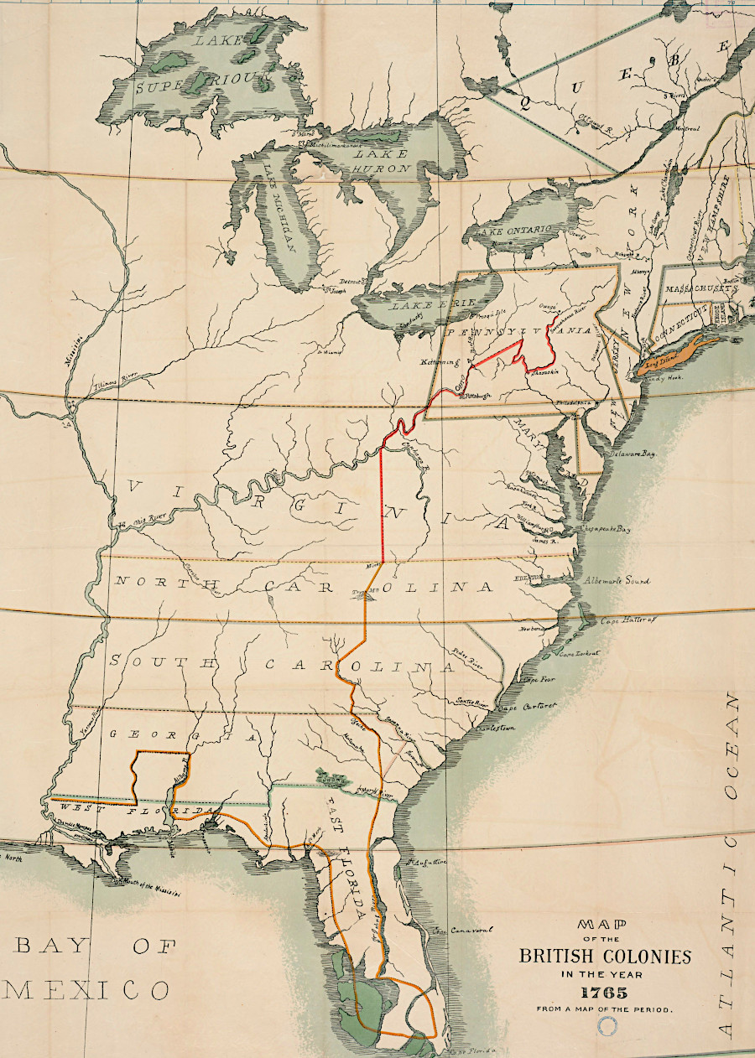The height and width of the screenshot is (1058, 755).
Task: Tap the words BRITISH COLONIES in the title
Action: pos(605,956)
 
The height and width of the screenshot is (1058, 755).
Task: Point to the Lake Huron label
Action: pos(381,161)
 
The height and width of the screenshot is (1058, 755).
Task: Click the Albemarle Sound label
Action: pos(617,580)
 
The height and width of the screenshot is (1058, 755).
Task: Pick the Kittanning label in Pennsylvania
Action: pos(438,363)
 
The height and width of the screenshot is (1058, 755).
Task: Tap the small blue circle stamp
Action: pos(605,1024)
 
